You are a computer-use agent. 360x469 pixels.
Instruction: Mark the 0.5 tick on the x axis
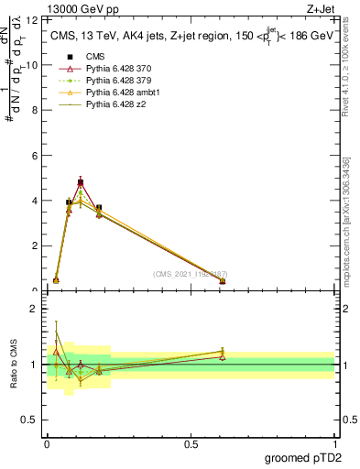coord(191,443)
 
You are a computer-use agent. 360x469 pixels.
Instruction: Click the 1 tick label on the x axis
coord(334,443)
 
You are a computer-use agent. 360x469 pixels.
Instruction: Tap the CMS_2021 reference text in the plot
coord(190,274)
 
